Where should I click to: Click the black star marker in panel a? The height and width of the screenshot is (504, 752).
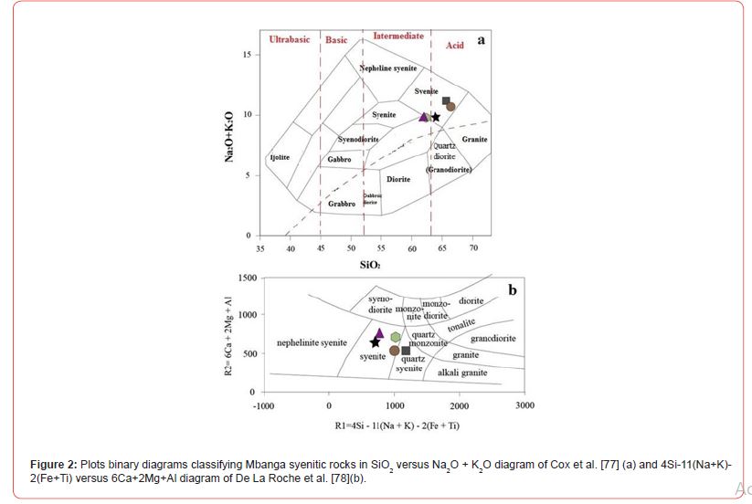click(x=436, y=117)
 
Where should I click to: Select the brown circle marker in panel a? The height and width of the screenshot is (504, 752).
click(x=450, y=107)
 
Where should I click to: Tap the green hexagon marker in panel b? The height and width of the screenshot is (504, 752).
click(x=396, y=337)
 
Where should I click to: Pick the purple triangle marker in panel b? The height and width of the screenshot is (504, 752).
click(x=379, y=332)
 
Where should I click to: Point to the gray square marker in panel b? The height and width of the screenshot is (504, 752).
click(x=406, y=351)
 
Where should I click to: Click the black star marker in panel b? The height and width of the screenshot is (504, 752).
click(x=375, y=342)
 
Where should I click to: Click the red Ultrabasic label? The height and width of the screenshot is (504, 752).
click(x=290, y=39)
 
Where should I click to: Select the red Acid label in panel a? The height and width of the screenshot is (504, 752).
click(x=455, y=45)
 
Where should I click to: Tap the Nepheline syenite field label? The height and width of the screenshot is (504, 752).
click(x=388, y=68)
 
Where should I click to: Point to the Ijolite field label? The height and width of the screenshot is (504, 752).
click(x=280, y=158)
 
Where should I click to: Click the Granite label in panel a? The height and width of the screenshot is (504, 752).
click(x=474, y=139)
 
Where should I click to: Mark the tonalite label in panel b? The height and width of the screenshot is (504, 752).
click(x=461, y=324)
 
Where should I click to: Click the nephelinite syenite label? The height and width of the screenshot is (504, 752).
click(x=312, y=343)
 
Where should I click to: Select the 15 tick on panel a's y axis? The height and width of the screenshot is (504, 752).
click(x=246, y=55)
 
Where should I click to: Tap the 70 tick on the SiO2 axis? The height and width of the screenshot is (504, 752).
click(x=473, y=248)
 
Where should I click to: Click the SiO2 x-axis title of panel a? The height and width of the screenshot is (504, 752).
click(x=370, y=266)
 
